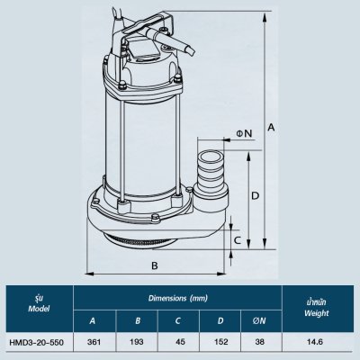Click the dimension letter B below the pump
(155, 266)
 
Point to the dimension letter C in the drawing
(237, 240)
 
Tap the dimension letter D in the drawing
(256, 195)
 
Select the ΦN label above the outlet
(244, 133)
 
